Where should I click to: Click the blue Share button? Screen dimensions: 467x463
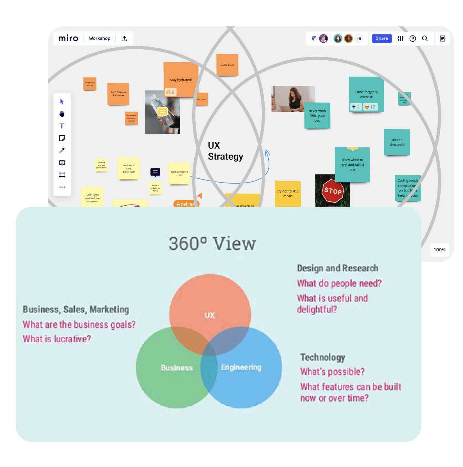coord(381,39)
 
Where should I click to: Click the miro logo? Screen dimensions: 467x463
coord(68,38)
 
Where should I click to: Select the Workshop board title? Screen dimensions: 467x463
coord(100,38)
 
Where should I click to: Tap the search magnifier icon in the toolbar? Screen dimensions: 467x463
coord(425,39)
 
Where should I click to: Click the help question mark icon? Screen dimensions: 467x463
coord(413,39)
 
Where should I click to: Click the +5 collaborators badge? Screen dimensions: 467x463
coord(359,39)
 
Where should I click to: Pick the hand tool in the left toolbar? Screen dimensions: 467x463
coord(62,114)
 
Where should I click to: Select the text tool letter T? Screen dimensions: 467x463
coord(62,126)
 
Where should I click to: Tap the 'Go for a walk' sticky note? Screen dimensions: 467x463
coord(227,65)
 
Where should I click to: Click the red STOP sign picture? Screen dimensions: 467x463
coord(332,191)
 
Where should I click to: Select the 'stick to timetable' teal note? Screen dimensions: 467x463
coord(397,142)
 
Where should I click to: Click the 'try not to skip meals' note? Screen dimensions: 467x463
coord(288,194)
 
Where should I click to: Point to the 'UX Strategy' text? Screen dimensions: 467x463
coord(225,151)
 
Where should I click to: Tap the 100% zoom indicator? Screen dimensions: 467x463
coord(439,250)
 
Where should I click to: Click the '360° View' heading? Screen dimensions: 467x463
coord(212,243)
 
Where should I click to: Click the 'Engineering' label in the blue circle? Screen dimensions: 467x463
coord(241,367)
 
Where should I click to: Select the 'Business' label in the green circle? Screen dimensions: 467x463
coord(177,368)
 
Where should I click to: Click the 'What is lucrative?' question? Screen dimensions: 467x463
coord(57,339)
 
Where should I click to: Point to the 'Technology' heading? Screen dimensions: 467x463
coord(322,357)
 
